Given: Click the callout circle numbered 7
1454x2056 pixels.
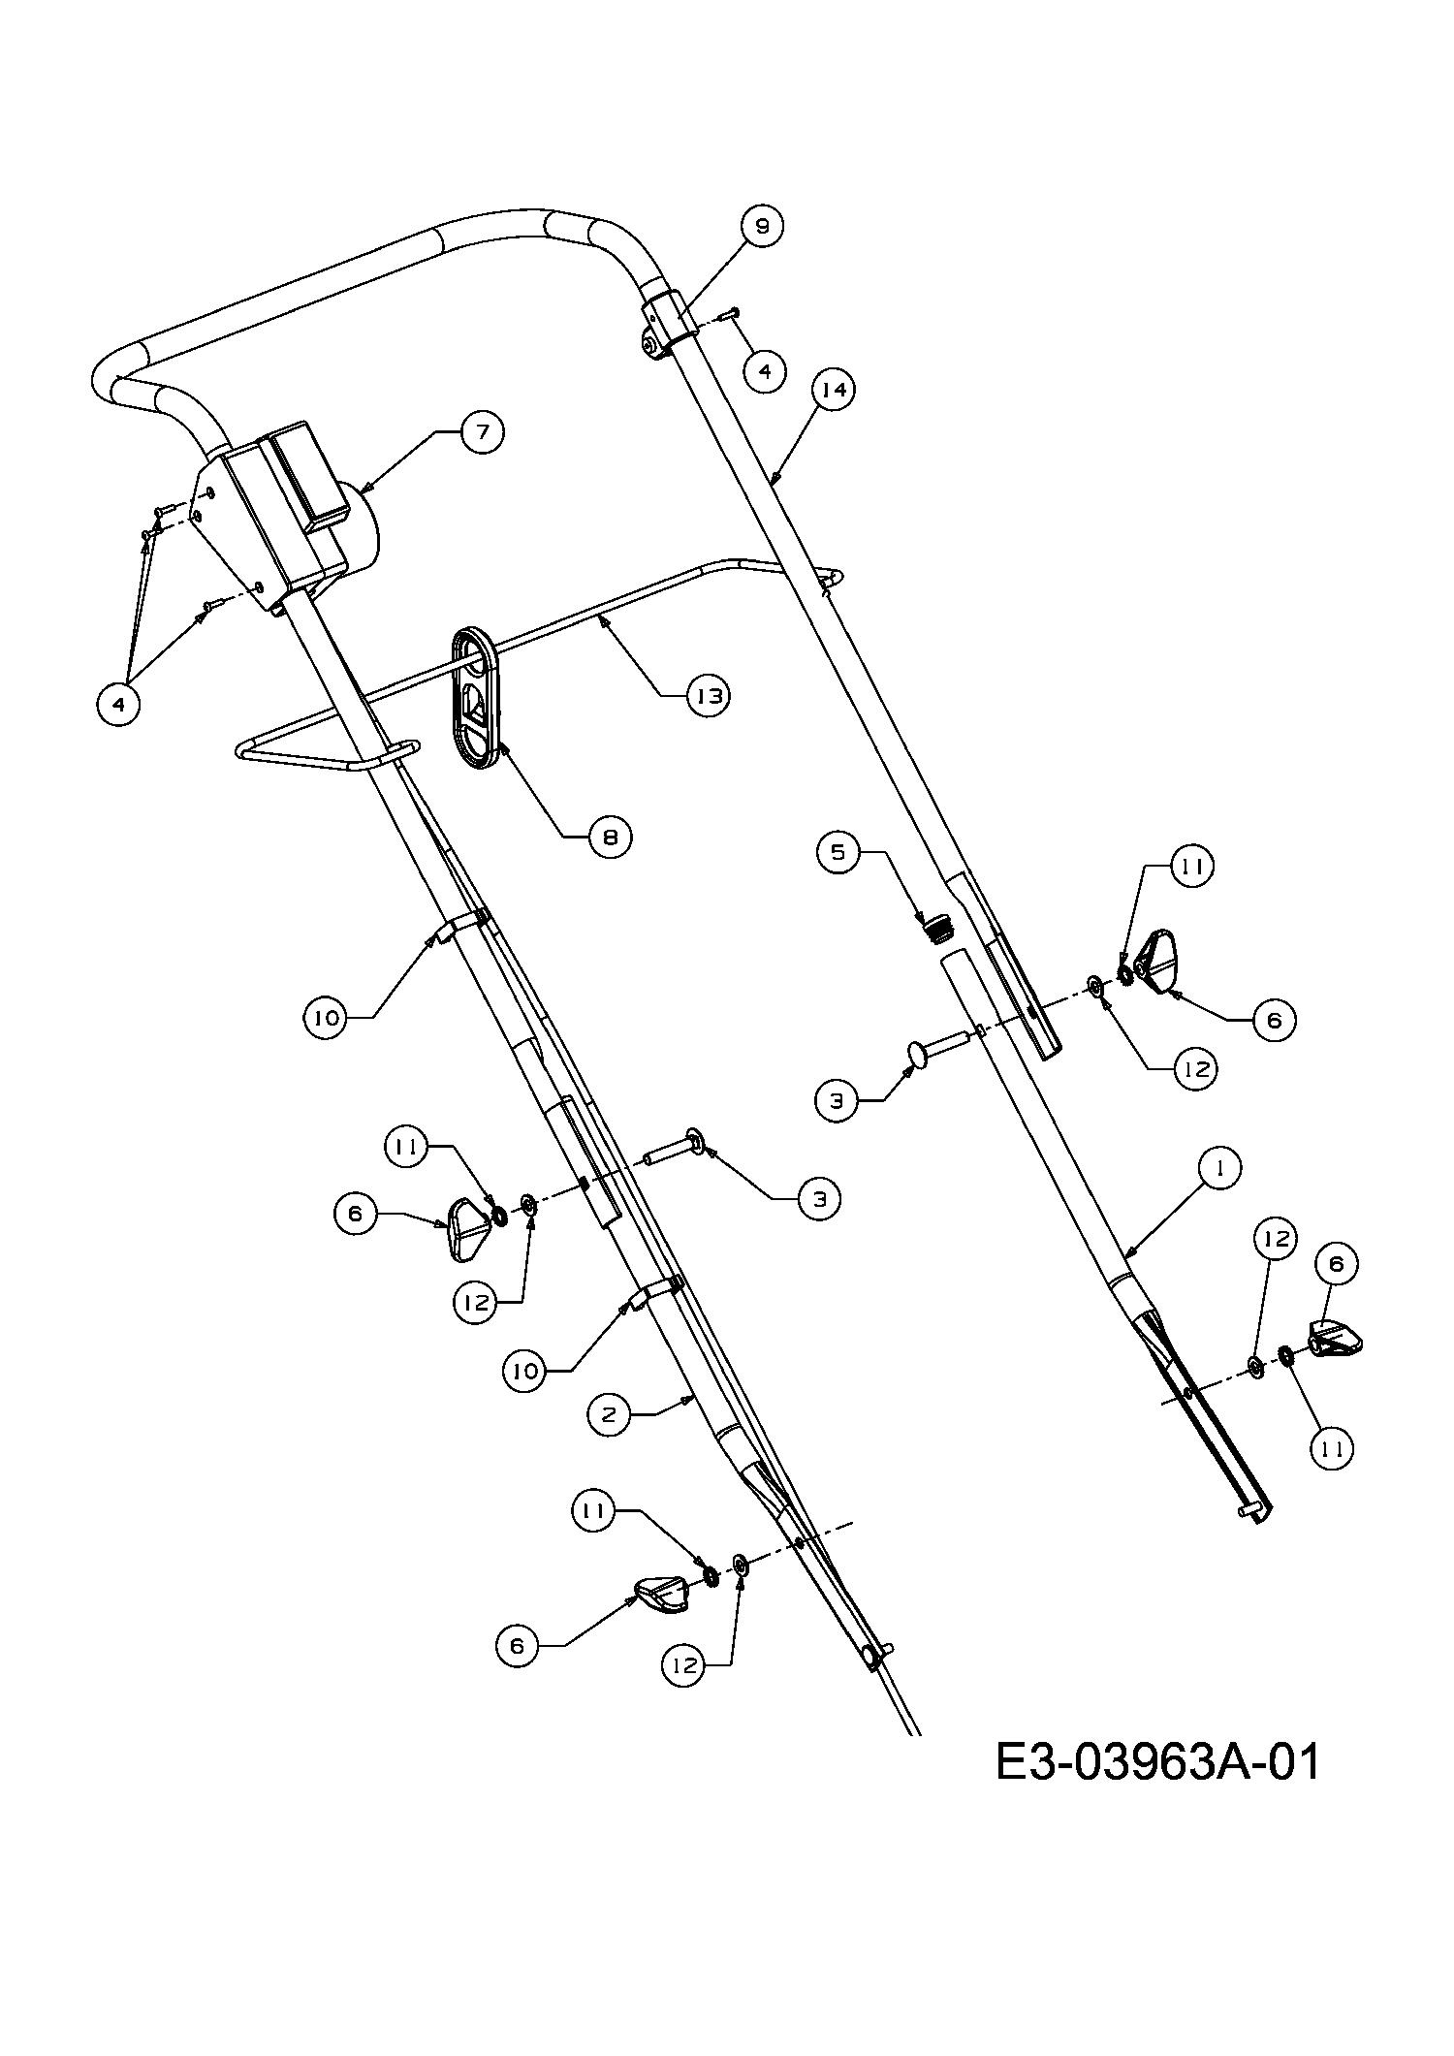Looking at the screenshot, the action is click(x=482, y=432).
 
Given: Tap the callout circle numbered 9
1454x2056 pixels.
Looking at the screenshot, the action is click(x=762, y=226).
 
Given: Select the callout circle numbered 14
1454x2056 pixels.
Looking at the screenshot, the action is click(x=835, y=390).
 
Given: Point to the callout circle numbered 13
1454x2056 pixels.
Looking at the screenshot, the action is click(x=709, y=696).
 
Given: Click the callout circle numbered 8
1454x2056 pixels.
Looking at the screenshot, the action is click(x=611, y=837).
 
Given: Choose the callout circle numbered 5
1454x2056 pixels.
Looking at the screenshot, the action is click(x=838, y=852).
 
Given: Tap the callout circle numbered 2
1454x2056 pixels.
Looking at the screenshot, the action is click(x=609, y=1415).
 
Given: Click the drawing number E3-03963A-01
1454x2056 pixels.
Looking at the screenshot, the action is click(x=1158, y=1761).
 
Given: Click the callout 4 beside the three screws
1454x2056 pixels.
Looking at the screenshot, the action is click(x=119, y=705).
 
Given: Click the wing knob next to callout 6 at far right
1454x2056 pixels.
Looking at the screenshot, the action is click(x=1337, y=1339).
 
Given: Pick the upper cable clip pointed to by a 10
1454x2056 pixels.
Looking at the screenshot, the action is click(x=459, y=926).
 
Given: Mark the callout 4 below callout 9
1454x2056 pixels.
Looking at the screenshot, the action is click(x=766, y=371).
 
